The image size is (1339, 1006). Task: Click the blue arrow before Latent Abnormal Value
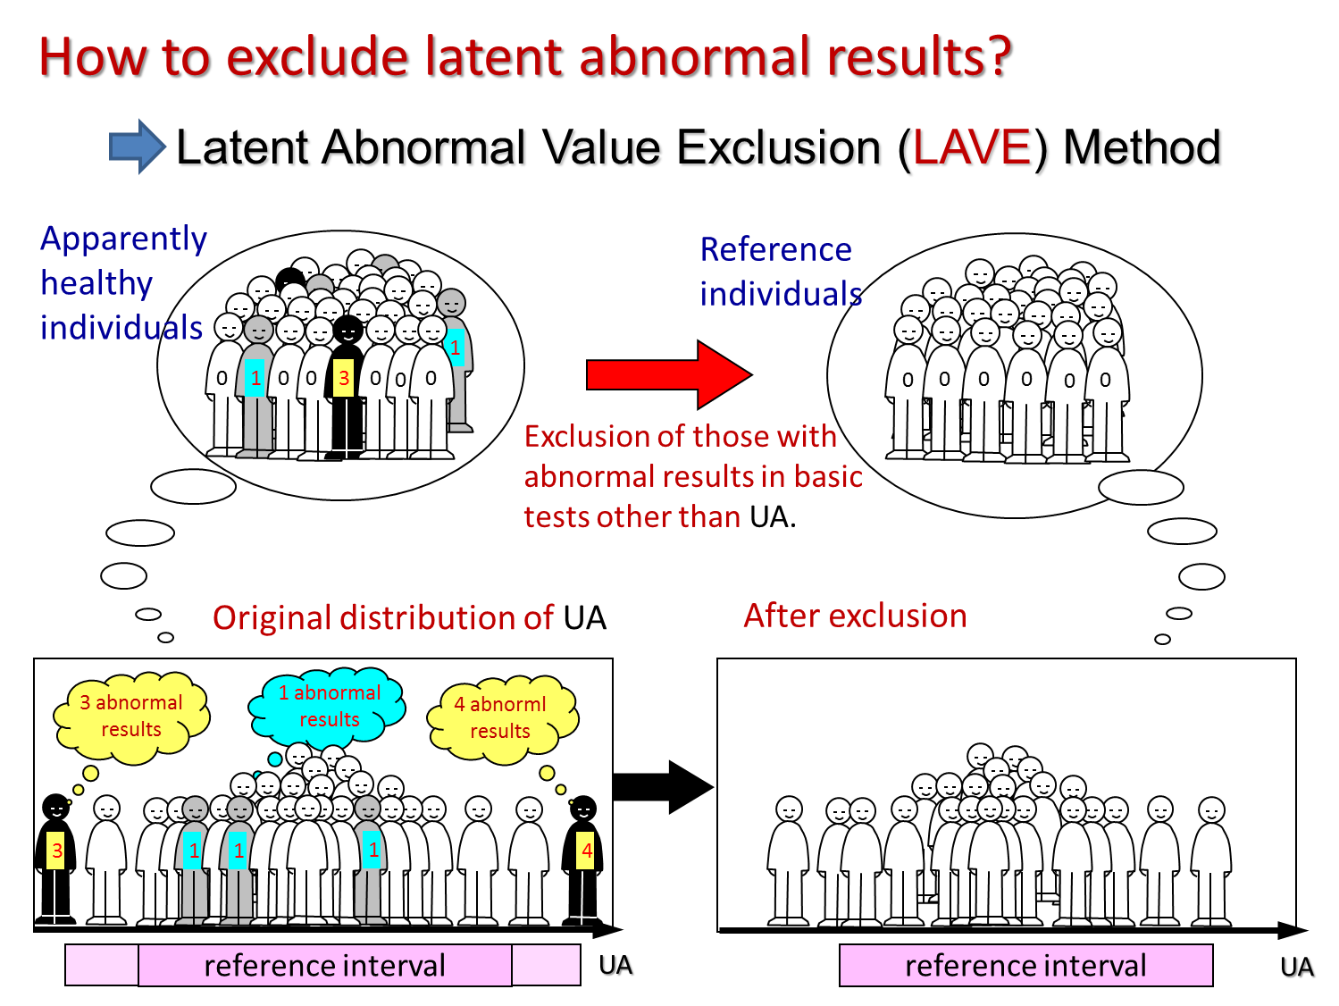tap(137, 147)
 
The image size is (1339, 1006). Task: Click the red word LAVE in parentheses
tap(972, 147)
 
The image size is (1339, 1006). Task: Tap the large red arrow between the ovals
tap(669, 374)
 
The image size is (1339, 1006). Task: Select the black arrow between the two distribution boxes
tap(663, 787)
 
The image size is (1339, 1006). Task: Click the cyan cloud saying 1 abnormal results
tap(328, 708)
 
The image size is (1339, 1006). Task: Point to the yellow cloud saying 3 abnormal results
tap(131, 717)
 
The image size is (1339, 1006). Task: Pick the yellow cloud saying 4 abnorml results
tap(501, 718)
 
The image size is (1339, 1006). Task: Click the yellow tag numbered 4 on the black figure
tap(586, 850)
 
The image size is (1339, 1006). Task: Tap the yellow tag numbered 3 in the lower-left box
tap(56, 850)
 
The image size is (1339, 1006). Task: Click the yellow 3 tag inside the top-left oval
tap(343, 378)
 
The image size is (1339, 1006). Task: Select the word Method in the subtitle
tap(1142, 147)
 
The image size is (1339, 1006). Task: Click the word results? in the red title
tap(919, 57)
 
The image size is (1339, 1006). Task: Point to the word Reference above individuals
tap(775, 249)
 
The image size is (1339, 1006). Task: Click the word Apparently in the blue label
tap(124, 239)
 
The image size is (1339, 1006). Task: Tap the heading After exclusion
tap(855, 615)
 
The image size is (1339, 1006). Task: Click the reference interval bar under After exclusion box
tap(1025, 965)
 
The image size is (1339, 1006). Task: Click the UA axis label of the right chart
tap(1297, 967)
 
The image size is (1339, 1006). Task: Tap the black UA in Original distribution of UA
tap(584, 617)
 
